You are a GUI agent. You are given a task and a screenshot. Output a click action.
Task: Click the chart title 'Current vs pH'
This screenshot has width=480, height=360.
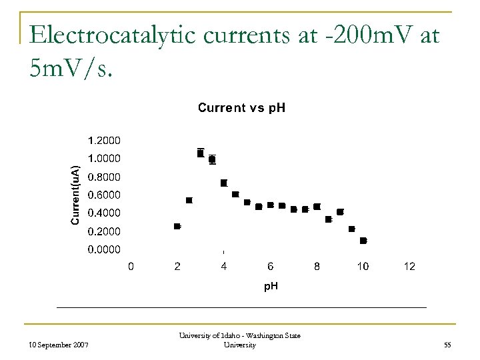(241, 107)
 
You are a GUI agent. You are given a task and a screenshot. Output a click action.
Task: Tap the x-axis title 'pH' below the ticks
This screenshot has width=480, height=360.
(270, 286)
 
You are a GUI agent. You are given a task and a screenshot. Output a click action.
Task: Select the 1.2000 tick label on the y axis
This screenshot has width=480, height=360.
(105, 140)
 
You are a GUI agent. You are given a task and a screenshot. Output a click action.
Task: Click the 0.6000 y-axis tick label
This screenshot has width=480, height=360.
(105, 195)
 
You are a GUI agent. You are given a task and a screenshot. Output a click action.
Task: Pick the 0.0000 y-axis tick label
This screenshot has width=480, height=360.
(105, 249)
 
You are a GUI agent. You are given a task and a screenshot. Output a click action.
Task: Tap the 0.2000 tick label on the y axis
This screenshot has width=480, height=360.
(105, 231)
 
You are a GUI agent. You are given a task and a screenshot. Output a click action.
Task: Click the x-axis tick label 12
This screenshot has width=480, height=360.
(409, 267)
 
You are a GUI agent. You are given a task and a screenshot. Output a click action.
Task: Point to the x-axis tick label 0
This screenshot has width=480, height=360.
(131, 267)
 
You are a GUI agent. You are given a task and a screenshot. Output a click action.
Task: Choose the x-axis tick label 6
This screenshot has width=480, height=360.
(270, 267)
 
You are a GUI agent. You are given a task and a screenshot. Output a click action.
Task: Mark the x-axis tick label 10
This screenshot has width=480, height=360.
(363, 267)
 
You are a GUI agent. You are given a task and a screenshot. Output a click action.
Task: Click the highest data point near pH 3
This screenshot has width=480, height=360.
(200, 153)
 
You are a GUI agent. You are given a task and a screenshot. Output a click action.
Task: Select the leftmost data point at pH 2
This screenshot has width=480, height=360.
(177, 227)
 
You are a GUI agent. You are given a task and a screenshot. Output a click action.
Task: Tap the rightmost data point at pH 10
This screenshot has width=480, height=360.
(363, 240)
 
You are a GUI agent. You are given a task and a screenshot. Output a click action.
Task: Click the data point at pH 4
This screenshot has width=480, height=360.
(224, 183)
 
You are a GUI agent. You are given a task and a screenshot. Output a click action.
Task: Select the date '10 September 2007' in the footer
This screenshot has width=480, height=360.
(61, 344)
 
